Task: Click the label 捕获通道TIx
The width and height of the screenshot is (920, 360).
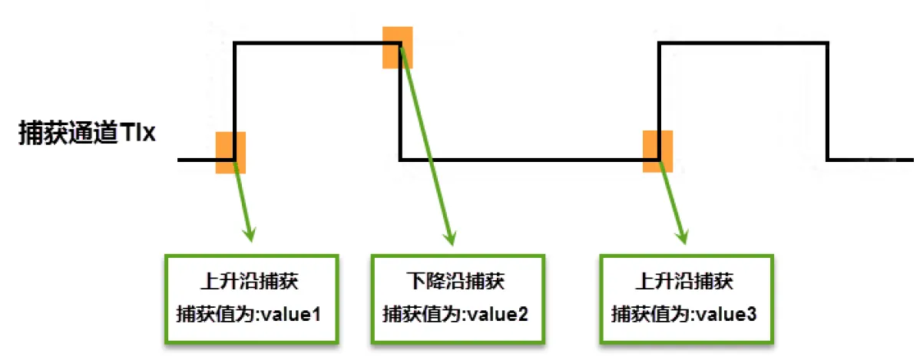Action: [x=87, y=134]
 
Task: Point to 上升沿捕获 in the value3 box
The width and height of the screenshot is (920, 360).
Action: [x=685, y=281]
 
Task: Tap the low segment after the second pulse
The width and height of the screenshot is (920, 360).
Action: [x=872, y=160]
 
